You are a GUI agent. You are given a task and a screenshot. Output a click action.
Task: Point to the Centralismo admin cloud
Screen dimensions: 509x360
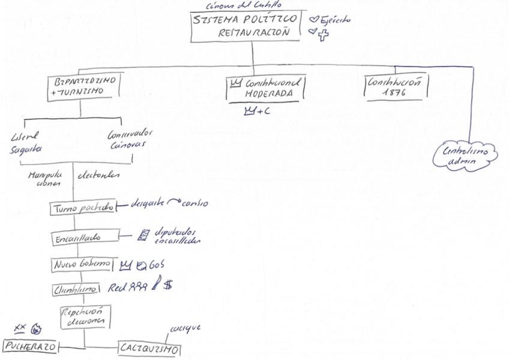465,155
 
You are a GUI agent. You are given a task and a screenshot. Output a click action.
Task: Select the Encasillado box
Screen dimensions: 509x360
84,238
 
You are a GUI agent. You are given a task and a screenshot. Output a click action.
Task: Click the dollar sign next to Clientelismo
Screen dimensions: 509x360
167,286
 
